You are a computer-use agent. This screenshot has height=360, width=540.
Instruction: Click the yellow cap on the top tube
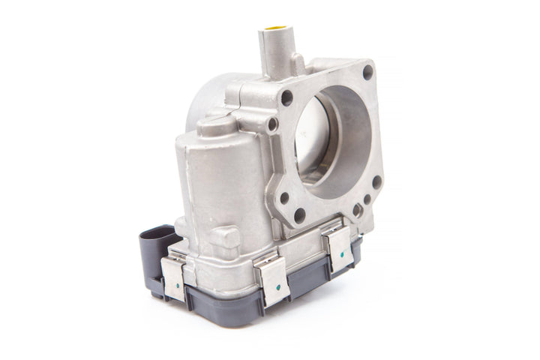(275, 30)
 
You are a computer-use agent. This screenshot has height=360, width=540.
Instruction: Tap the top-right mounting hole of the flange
(367, 72)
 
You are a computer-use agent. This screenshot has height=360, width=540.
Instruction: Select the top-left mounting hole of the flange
(286, 97)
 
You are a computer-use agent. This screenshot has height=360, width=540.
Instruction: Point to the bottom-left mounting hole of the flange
(284, 199)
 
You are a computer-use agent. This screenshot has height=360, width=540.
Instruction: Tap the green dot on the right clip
(341, 253)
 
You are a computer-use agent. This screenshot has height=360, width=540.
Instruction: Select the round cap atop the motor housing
(218, 125)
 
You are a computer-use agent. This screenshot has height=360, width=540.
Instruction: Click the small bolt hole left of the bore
(272, 124)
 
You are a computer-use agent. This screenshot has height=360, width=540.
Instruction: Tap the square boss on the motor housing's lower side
(226, 238)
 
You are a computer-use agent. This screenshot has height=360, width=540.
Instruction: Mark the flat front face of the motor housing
(217, 187)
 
